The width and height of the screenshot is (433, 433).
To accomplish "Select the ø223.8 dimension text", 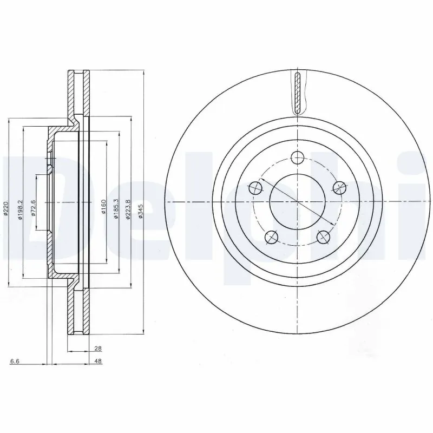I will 128,208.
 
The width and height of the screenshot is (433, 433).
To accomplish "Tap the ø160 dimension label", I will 103,208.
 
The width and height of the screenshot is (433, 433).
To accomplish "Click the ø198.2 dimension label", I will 21,208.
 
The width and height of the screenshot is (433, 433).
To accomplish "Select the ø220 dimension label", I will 6,208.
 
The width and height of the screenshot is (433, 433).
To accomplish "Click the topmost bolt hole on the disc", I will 297,158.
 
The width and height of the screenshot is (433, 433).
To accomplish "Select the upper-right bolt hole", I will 339,188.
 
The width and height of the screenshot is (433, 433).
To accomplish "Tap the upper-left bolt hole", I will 255,188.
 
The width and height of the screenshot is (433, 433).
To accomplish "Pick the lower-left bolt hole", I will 271,237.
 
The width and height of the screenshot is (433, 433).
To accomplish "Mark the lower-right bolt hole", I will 323,237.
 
